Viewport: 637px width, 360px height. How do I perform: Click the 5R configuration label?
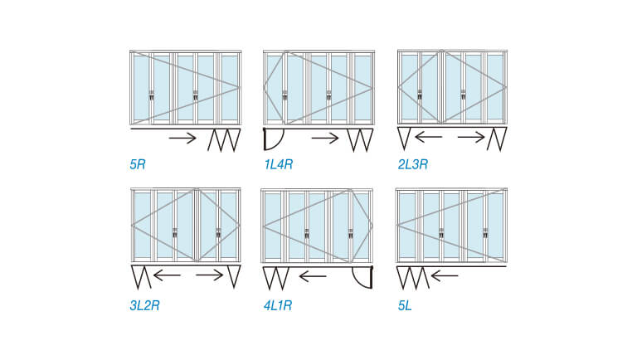138,164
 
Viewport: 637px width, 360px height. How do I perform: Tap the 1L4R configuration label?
279,164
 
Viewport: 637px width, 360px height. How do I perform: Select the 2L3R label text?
413,164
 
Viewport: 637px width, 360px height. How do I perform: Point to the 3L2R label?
144,305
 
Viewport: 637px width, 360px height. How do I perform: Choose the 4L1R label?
278,305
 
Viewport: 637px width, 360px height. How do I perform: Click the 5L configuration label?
405,305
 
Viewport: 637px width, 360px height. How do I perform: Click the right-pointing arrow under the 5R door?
182,139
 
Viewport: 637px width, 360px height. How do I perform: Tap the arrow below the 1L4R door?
325,139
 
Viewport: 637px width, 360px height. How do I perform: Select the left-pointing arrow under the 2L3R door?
429,138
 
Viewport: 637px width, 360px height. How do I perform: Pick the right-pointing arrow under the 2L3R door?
471,138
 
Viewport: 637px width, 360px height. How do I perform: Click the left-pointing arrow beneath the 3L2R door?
167,275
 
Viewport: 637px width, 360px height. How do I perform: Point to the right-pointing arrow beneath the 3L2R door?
210,275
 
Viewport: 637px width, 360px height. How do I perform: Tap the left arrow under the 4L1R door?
313,276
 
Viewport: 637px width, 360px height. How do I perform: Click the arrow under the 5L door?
445,276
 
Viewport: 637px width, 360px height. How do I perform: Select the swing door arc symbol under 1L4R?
272,139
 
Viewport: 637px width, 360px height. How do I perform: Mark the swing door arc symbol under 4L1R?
362,277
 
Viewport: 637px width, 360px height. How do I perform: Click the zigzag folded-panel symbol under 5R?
224,140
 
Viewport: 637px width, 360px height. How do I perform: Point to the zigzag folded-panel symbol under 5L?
413,278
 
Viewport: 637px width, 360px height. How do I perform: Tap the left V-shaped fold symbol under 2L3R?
404,139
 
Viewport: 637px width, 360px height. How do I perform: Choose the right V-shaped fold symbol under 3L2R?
234,277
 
